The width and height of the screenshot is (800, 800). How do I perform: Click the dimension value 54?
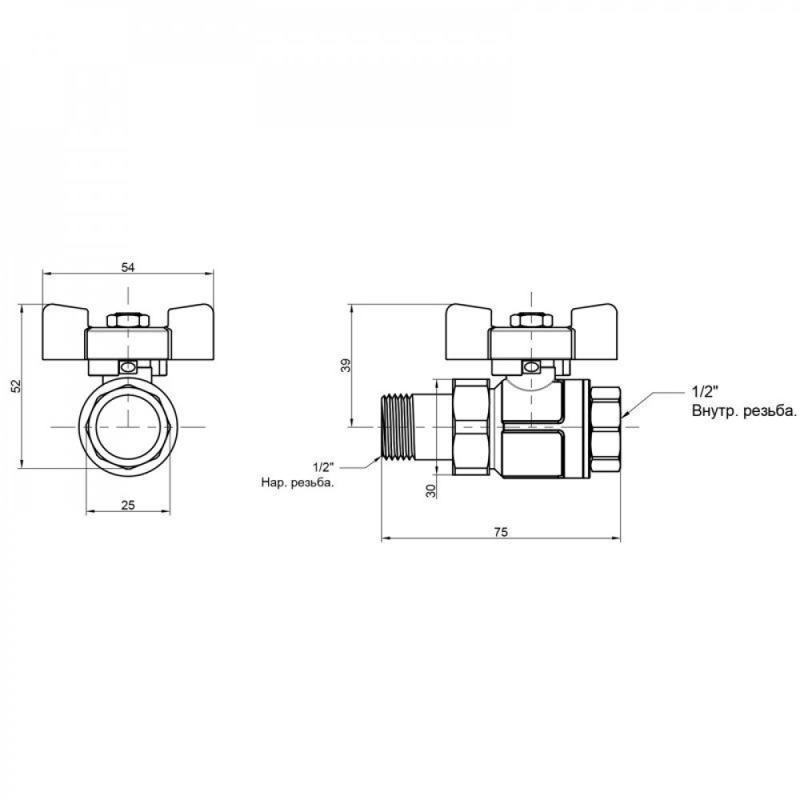click(127, 267)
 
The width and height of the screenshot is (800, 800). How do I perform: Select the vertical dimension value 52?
click(16, 386)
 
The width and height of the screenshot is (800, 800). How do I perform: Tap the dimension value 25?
click(128, 505)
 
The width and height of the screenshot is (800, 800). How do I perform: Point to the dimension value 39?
click(346, 366)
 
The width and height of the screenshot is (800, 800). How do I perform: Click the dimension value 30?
click(431, 491)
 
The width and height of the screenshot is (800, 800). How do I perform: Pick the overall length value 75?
click(501, 532)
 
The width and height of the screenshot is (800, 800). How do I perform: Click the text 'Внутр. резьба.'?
click(743, 411)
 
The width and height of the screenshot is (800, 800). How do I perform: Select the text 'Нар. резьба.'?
click(298, 482)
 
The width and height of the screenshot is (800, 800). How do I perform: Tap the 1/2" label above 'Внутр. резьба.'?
click(705, 392)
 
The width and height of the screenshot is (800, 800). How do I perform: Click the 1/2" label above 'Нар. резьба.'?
click(323, 466)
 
